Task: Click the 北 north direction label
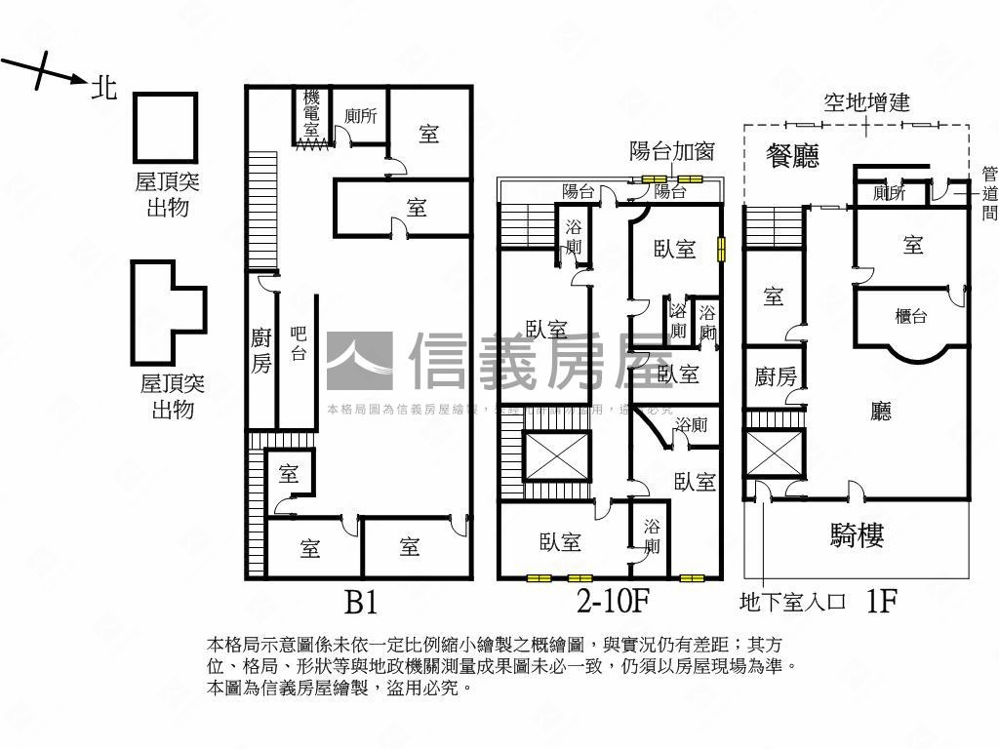104,89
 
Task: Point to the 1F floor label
881,602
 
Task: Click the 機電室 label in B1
311,113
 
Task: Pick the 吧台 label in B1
300,344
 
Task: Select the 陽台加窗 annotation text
672,151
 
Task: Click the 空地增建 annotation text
866,101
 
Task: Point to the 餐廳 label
792,156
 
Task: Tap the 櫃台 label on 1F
911,316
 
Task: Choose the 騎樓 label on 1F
858,534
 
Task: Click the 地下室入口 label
792,603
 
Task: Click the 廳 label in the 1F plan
880,412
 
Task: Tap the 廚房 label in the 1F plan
776,376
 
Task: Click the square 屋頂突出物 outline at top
166,128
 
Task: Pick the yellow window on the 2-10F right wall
722,250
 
